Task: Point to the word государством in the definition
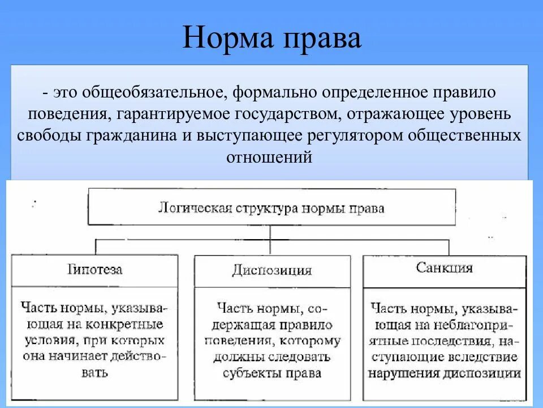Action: coord(283,114)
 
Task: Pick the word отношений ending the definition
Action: coord(269,157)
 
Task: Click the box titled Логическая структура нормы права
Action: coord(271,207)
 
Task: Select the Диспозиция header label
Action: coord(271,270)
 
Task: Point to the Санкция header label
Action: coord(444,267)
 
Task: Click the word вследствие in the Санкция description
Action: coord(485,358)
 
